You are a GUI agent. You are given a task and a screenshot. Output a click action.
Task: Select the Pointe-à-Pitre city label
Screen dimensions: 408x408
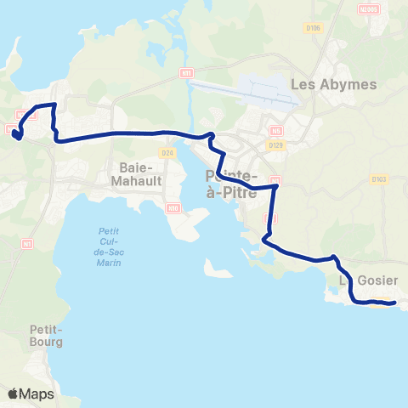tap(231, 184)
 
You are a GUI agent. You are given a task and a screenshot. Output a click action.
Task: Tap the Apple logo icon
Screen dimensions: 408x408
tap(13, 394)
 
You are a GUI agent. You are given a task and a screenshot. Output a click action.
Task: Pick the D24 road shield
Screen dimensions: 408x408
tap(167, 153)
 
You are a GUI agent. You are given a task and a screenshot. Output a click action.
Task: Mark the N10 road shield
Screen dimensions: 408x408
tap(173, 207)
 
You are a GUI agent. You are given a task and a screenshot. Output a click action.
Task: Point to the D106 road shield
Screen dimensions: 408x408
tap(313, 28)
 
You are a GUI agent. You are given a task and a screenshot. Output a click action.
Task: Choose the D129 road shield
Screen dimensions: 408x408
tap(275, 145)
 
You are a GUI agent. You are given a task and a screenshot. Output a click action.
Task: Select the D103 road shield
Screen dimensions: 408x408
tap(379, 178)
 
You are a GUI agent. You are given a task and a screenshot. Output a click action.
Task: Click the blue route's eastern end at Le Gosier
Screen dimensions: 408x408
tap(394, 303)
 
